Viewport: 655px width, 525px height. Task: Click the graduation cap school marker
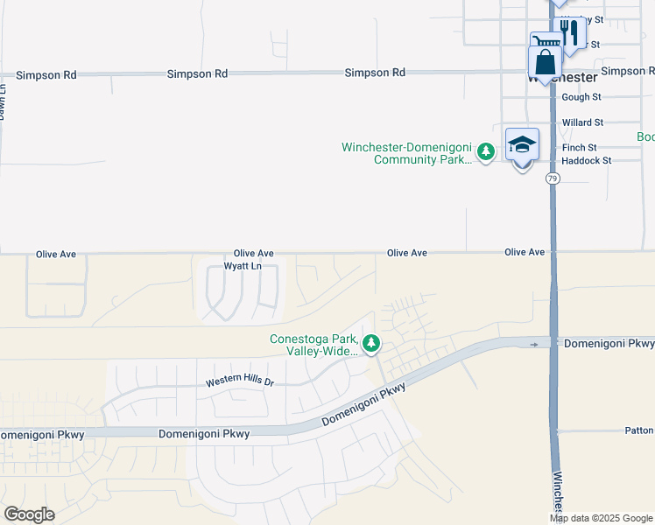click(x=522, y=145)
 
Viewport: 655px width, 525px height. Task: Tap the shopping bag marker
click(x=545, y=63)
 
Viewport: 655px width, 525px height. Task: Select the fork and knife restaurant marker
click(x=571, y=33)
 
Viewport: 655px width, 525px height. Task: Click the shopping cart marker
click(x=546, y=43)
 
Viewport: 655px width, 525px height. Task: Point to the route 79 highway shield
click(x=552, y=178)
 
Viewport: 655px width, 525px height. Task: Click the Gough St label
click(x=581, y=98)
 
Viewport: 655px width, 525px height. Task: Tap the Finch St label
click(x=580, y=148)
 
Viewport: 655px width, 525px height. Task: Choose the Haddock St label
click(x=586, y=161)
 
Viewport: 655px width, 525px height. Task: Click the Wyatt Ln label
click(x=243, y=266)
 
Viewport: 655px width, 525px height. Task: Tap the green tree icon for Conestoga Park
click(x=371, y=344)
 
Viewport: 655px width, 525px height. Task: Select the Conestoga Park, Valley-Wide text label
click(x=313, y=346)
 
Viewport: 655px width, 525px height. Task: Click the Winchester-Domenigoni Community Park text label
click(x=407, y=153)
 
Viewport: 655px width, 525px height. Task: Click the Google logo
click(x=28, y=514)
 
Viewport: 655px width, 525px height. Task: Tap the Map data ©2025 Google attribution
click(x=601, y=518)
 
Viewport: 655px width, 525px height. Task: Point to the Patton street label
click(x=639, y=430)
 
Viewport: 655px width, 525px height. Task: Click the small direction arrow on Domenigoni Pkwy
click(x=534, y=345)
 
